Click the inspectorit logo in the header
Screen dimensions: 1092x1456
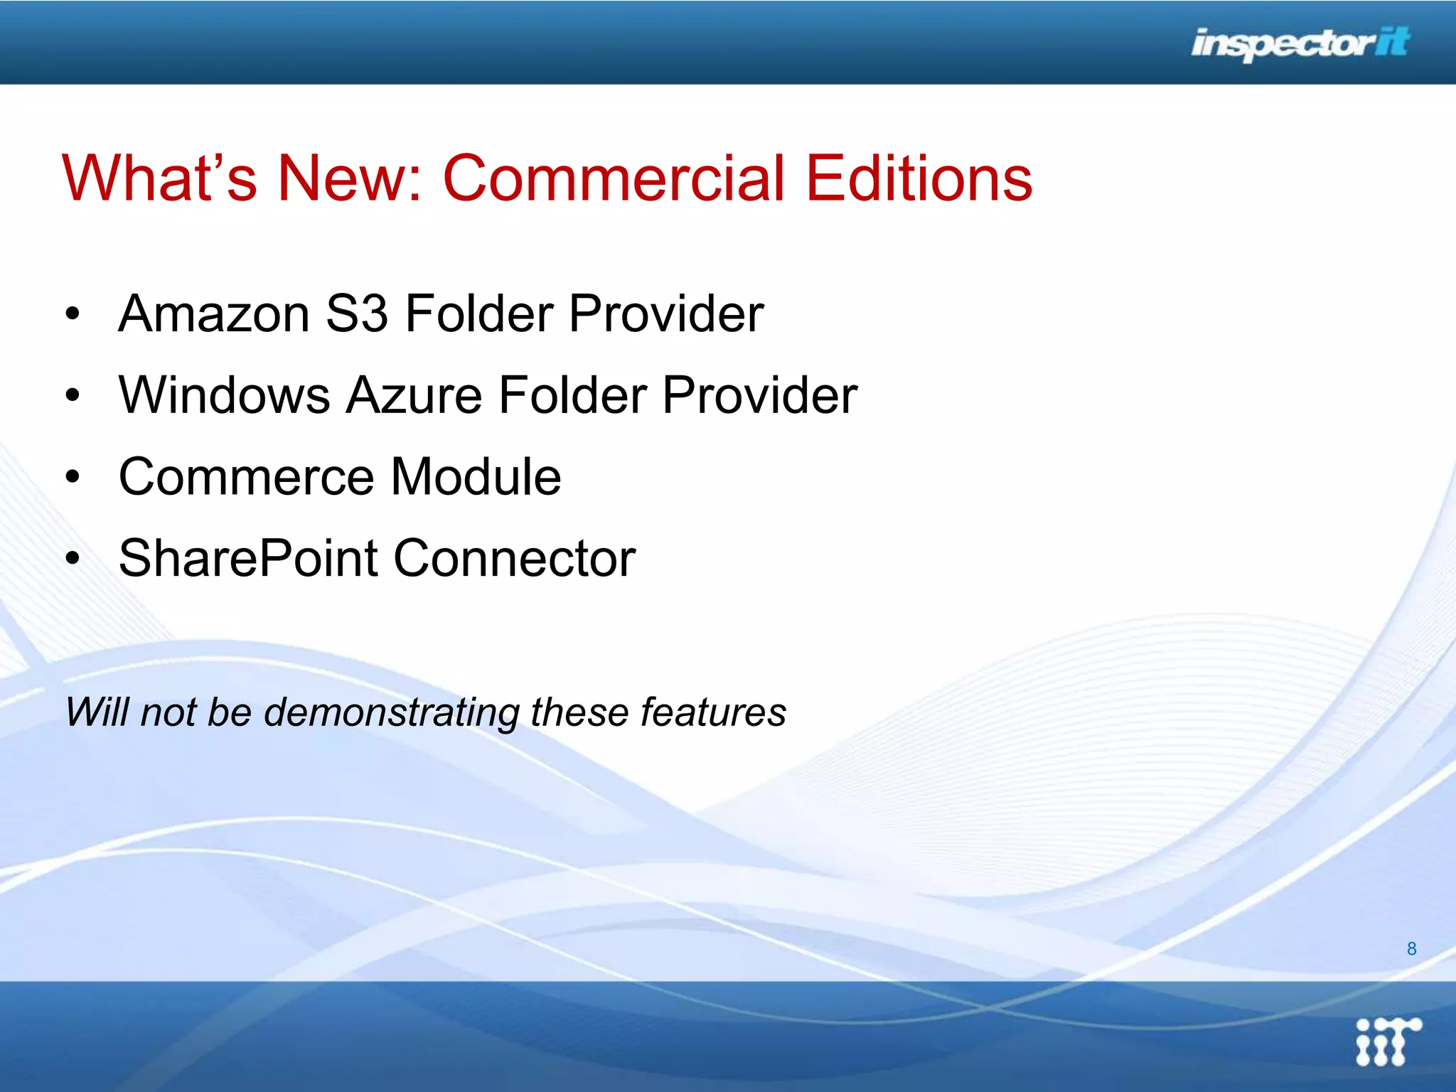(1300, 44)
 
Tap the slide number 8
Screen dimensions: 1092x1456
(1411, 948)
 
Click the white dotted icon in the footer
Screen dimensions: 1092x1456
(1387, 1042)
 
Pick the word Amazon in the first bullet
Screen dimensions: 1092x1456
(214, 314)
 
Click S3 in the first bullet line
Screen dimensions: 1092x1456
(357, 314)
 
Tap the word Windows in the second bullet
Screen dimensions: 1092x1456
(225, 395)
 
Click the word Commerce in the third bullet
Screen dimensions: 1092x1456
(246, 477)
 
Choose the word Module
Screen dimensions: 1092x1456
(476, 477)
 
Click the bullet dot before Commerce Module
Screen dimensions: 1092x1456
(72, 477)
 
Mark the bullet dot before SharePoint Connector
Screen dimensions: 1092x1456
(72, 559)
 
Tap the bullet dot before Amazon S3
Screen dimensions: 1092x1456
(72, 314)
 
